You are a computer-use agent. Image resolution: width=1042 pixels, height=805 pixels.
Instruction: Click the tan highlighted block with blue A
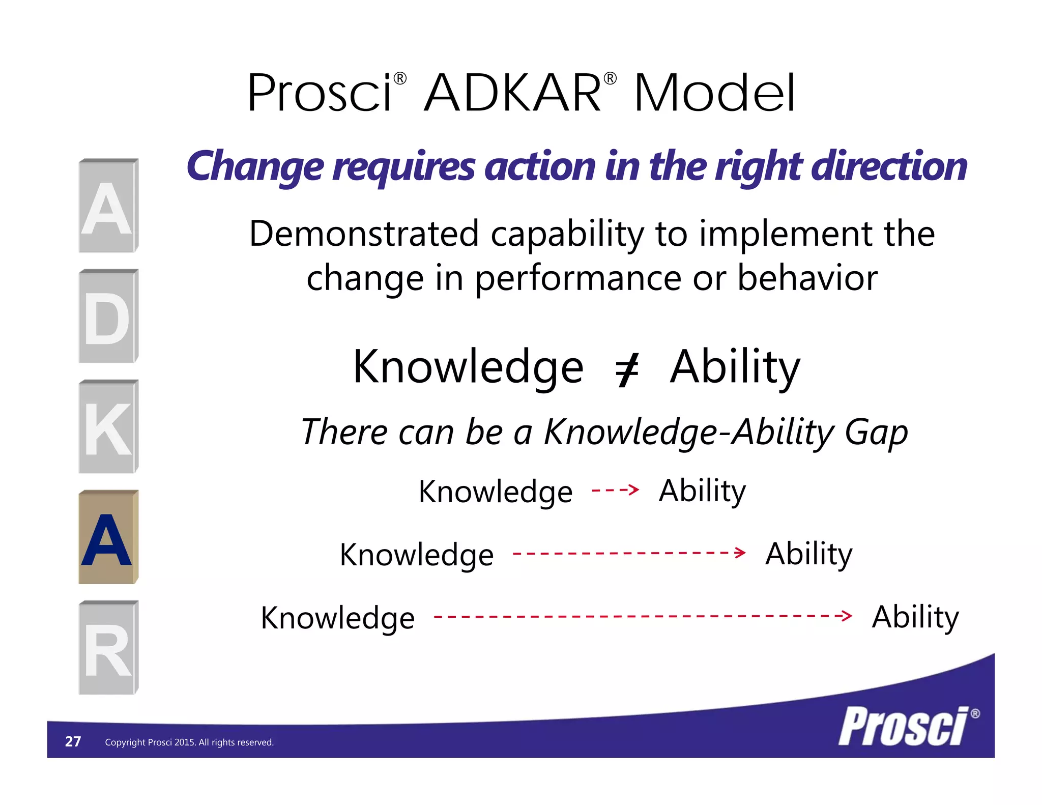[108, 537]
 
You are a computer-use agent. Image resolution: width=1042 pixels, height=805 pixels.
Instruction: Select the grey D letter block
[108, 317]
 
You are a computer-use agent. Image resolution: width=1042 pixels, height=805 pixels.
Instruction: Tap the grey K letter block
[108, 427]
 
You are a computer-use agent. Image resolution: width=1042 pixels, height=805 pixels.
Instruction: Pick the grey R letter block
[108, 648]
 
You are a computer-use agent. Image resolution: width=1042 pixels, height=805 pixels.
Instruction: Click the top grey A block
[108, 206]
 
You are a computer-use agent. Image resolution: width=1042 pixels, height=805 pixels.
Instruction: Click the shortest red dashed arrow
[615, 490]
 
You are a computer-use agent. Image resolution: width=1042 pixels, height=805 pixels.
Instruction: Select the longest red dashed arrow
[643, 616]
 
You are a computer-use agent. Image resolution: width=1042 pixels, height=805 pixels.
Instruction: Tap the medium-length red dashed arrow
[629, 553]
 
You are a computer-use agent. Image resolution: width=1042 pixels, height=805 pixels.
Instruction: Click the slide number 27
[73, 741]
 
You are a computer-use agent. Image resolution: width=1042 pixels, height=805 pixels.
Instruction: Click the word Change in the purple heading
[255, 167]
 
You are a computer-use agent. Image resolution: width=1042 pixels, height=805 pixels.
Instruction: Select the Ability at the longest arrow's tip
[915, 617]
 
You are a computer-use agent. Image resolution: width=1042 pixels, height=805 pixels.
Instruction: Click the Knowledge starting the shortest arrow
[495, 492]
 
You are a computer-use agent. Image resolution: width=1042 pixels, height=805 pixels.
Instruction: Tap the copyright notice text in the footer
[189, 742]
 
